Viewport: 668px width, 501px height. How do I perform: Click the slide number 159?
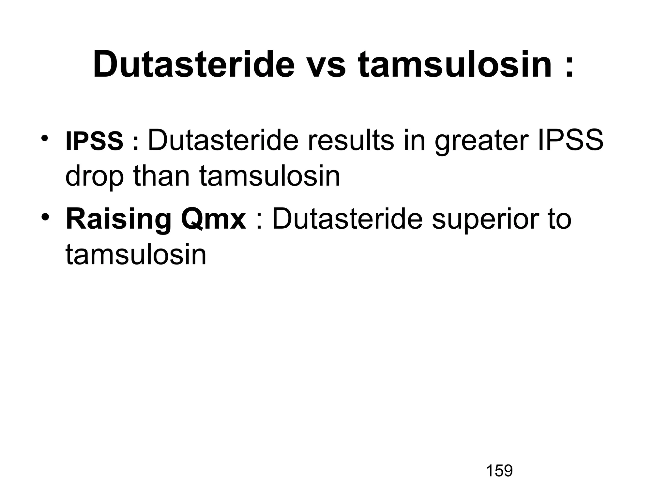point(499,471)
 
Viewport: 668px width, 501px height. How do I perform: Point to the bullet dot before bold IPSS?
point(45,137)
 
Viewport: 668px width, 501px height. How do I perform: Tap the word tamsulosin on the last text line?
point(136,254)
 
